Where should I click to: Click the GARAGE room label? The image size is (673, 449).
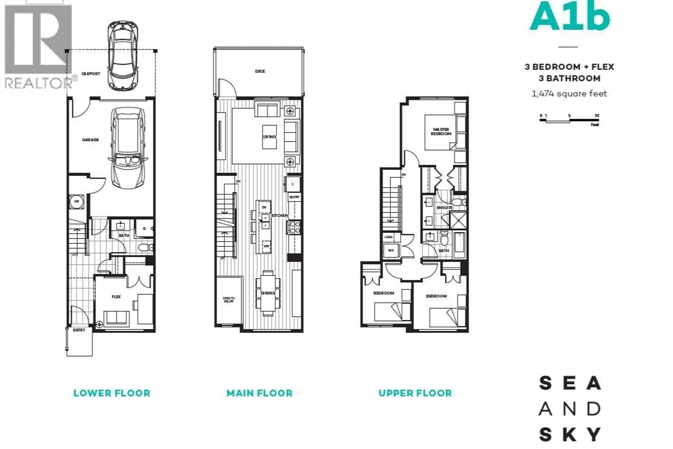pos(90,140)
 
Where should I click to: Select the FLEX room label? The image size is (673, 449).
pos(116,297)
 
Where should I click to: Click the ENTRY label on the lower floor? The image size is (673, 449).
pos(79,330)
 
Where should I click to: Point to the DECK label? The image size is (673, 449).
pos(260,71)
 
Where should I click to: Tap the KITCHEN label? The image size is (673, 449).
pos(280,215)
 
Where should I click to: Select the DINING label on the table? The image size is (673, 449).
pos(268,293)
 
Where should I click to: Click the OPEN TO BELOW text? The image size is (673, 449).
pos(229,299)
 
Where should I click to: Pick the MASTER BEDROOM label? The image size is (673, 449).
pos(441,132)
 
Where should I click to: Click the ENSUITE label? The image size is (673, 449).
pos(445,208)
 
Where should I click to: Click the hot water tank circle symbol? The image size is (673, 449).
pos(76,202)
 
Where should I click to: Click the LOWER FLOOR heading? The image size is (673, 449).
pos(112,393)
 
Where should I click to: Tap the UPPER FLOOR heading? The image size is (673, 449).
pos(415,393)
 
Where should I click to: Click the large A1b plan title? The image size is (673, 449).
pos(570,17)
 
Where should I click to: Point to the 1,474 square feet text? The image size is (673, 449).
pos(569,94)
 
